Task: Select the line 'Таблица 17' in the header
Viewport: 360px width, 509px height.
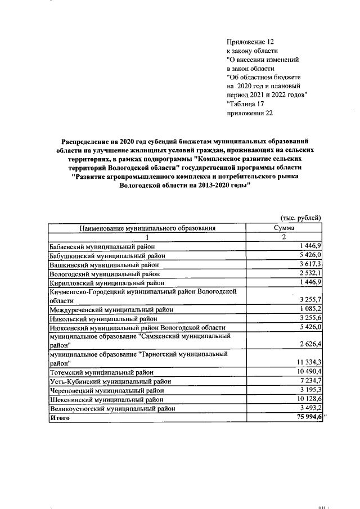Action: [246, 104]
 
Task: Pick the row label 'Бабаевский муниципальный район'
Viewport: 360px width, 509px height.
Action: [102, 246]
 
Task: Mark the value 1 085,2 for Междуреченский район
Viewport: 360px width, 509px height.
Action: [309, 309]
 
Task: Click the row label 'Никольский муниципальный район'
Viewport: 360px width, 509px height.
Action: [103, 318]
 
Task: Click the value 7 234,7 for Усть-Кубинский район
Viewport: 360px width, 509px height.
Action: [309, 381]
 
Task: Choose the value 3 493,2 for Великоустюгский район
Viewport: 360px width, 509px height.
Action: [309, 408]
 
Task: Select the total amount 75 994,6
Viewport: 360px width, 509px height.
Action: [307, 417]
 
